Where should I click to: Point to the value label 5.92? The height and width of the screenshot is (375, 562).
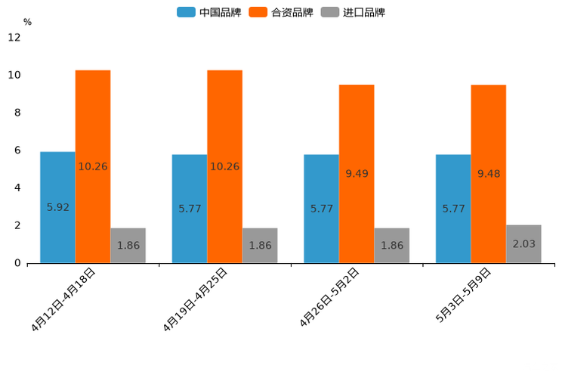pos(58,207)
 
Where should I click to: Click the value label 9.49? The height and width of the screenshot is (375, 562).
pos(357,174)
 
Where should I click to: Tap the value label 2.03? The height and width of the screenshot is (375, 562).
pos(523,244)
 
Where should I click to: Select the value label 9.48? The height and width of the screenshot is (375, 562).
pos(489,174)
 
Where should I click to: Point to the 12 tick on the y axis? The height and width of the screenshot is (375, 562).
pos(14,38)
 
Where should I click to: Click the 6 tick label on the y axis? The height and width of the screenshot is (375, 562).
pos(17,150)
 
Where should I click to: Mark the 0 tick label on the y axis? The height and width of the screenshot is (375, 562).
pos(17,263)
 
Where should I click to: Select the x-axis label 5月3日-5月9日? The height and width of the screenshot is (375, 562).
pos(463,296)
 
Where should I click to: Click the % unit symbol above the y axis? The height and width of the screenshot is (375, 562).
pos(27,22)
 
